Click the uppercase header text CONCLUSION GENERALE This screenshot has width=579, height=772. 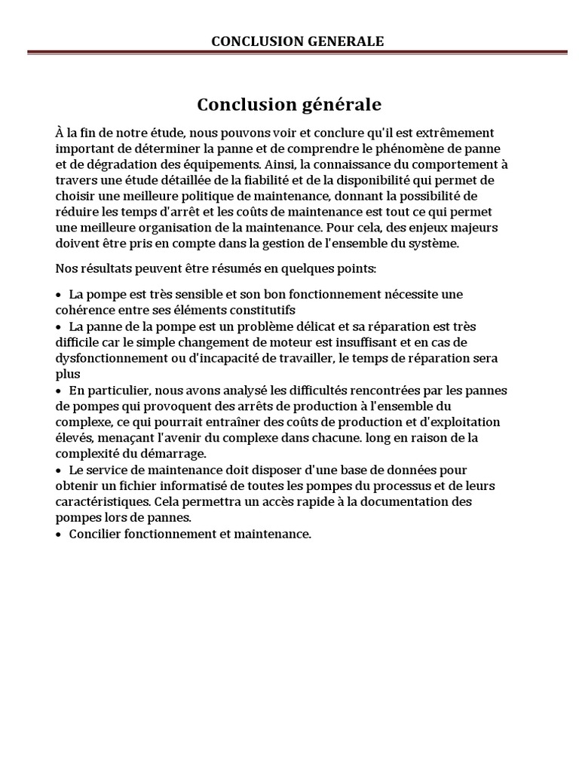coord(297,41)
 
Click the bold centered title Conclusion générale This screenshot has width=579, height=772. coord(289,103)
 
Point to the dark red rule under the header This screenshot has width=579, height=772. coord(297,52)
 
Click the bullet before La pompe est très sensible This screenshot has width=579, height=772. coord(59,295)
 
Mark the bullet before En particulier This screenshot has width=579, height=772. coord(59,391)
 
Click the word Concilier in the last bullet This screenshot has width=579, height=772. coord(95,534)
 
